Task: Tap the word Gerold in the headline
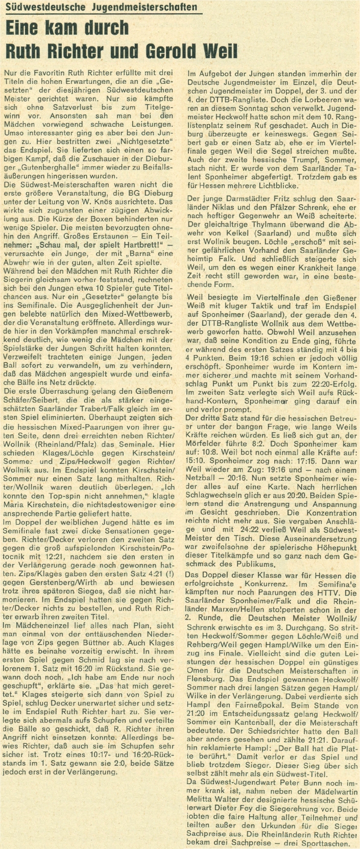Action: coord(174,51)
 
